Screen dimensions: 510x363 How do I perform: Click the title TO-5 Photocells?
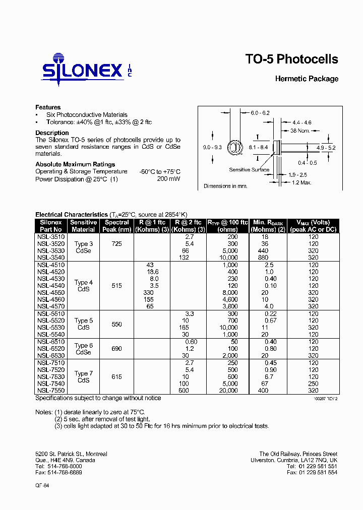point(291,59)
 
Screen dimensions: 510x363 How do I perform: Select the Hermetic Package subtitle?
point(307,79)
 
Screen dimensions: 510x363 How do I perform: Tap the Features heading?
point(48,107)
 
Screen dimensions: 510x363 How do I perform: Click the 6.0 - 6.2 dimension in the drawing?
point(260,112)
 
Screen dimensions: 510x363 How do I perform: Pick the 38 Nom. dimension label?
point(300,131)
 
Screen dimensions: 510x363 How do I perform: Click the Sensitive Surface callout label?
point(249,170)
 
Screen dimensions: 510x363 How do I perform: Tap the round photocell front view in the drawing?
point(235,148)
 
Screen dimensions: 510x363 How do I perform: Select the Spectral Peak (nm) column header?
point(117,226)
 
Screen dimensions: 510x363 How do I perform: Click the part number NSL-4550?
point(51,292)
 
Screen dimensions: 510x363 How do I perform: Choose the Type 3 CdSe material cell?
point(84,247)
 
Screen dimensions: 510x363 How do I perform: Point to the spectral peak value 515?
point(117,286)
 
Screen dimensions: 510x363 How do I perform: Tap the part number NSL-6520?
point(51,348)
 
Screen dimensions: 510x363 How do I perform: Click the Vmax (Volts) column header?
point(313,226)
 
